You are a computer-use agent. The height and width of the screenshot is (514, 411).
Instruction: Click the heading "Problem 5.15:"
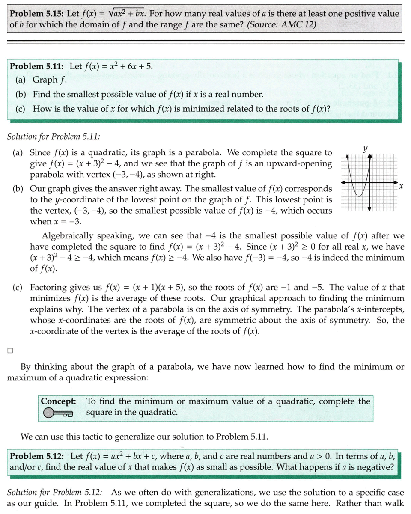point(34,13)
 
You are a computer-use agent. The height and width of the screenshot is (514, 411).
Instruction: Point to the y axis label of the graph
point(365,149)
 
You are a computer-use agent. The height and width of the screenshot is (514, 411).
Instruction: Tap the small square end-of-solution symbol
point(10,351)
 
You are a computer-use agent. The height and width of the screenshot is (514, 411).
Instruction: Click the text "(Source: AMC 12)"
point(281,24)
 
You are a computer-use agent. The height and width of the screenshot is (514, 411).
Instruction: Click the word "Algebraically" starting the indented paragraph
point(67,236)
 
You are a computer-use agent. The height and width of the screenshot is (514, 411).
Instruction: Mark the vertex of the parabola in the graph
point(360,197)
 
